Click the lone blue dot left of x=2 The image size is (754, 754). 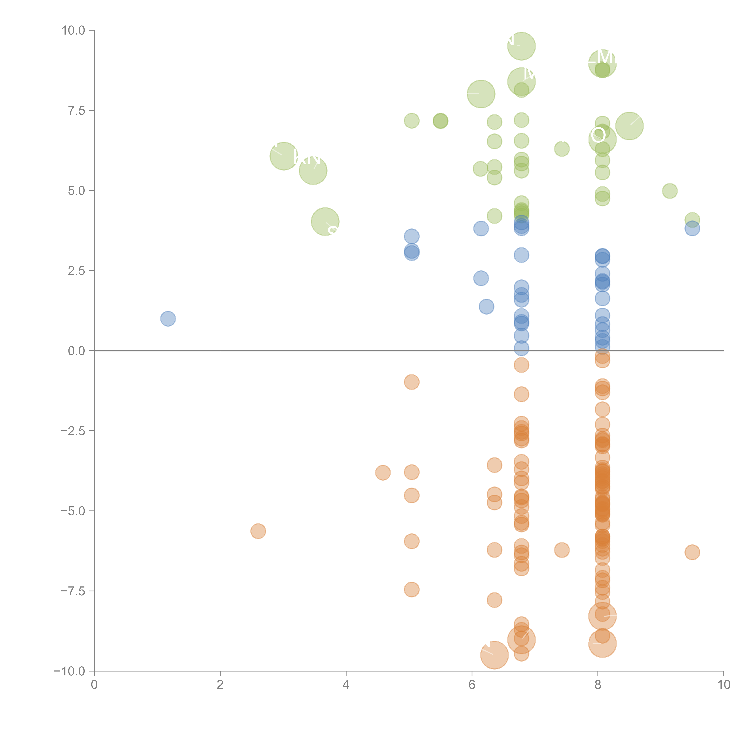168,319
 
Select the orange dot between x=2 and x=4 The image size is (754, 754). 258,531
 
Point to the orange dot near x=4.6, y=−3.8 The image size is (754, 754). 382,473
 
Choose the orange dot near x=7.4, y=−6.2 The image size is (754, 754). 562,550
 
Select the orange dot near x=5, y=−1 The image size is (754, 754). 411,382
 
